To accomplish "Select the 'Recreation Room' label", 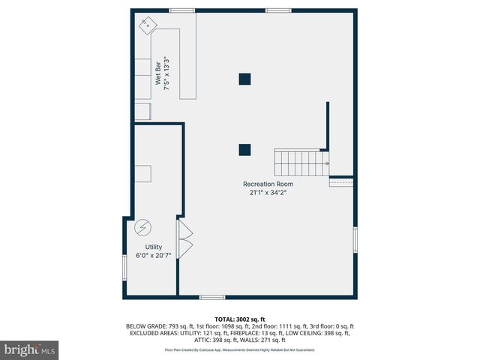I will [268, 184].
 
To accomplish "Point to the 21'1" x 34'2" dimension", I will [268, 193].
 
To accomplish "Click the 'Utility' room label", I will [153, 247].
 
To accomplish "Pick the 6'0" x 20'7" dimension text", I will [153, 256].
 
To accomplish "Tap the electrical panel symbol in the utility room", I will [142, 227].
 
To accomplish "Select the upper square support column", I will [244, 78].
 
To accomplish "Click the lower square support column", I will [244, 149].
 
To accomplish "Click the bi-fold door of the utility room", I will [184, 238].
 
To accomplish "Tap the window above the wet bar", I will [181, 10].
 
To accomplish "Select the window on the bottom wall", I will [212, 298].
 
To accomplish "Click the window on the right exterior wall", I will [355, 240].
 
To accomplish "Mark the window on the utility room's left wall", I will [124, 267].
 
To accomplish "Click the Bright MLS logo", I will [31, 349].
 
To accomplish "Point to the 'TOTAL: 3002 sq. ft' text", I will [240, 319].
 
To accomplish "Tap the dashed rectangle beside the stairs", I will [341, 182].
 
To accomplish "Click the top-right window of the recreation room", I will [278, 10].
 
